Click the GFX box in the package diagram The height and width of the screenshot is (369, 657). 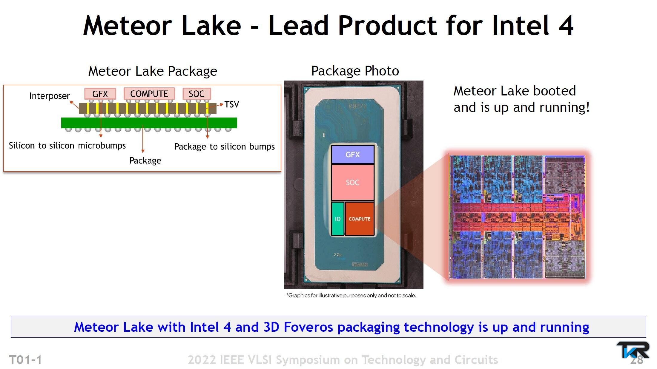coord(100,94)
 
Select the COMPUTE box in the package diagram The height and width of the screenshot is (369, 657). coord(149,94)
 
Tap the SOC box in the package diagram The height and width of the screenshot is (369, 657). coord(197,94)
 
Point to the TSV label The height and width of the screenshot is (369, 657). coord(232,104)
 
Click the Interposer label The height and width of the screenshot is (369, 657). coord(50,96)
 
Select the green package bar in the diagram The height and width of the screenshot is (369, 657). coord(149,123)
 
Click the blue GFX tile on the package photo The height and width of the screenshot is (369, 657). coord(353,155)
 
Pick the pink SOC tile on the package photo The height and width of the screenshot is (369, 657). coord(353,183)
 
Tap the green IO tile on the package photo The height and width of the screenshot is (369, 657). coord(338,219)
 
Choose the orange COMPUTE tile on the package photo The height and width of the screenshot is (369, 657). coord(360,219)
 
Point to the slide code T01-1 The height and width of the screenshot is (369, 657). coord(26,360)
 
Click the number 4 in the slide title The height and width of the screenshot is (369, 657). coord(566,26)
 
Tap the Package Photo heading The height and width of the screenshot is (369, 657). coord(355,71)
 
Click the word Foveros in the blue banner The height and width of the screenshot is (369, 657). coord(308,327)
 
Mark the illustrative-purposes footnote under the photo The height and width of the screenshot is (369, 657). coord(351,295)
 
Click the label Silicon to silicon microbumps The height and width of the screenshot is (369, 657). coord(67,145)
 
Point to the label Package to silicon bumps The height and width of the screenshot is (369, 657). coord(224,146)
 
